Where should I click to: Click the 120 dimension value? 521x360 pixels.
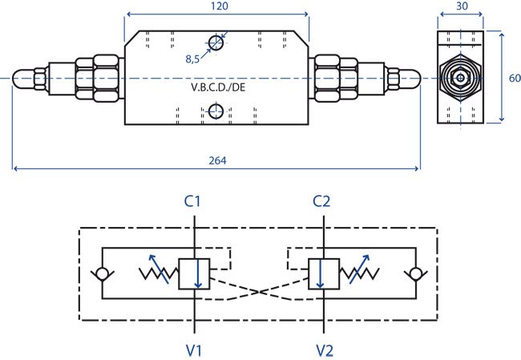point(220,6)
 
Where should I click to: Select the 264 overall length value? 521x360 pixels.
point(218,160)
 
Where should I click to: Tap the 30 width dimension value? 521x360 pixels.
point(462,6)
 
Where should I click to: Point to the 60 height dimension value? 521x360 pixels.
point(515,78)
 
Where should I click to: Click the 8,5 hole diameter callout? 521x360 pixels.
point(192,59)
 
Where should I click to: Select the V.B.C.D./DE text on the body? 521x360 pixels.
point(218,87)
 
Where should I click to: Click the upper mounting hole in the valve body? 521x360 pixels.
point(216,42)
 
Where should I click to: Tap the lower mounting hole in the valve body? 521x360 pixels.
point(216,111)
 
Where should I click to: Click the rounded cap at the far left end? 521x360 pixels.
point(23,79)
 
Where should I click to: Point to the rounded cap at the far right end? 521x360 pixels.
point(410,79)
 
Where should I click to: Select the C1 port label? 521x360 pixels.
point(192,201)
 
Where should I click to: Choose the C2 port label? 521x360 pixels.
point(321,201)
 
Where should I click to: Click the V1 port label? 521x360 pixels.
point(194,350)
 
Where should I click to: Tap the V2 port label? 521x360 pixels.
point(325,350)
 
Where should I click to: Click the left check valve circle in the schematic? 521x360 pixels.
point(103,274)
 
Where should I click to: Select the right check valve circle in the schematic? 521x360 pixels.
point(416,274)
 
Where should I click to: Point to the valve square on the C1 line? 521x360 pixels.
point(194,274)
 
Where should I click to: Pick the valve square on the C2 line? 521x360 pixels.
point(324,274)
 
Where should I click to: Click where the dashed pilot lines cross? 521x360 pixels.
point(259,292)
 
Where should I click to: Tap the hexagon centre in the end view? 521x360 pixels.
point(461,79)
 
